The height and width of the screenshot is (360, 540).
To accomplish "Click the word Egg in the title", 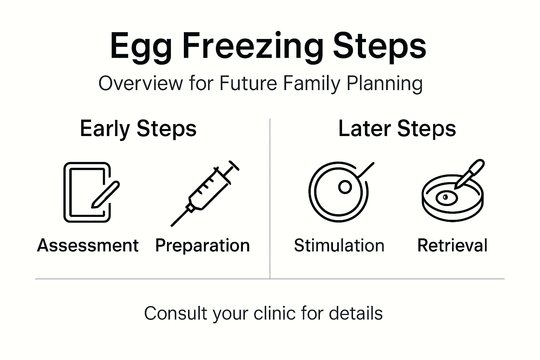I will coord(141,47).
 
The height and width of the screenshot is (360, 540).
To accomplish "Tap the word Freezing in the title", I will coord(252,47).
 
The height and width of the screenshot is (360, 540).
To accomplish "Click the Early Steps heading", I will coord(138,129).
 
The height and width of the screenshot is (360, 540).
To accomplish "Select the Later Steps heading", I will coord(397,129).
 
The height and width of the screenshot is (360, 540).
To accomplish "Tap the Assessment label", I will coord(88,245).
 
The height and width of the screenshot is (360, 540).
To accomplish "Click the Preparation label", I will coord(202,245).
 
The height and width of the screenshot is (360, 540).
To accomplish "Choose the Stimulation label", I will coord(339,245).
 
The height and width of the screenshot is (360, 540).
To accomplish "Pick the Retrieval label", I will coord(452,245).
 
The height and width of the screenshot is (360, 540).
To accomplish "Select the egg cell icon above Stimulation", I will coord(338,192).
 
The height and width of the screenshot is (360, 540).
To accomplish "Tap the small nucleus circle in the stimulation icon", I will coord(345,187).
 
